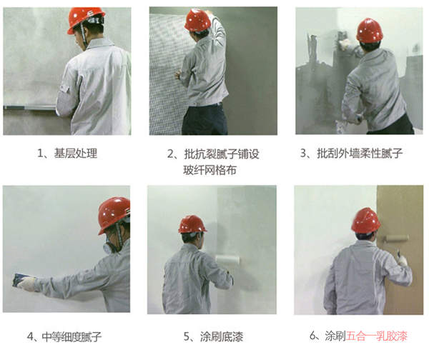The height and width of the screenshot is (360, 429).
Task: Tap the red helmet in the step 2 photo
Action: [x=197, y=20]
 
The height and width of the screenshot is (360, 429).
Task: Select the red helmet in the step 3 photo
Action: [x=370, y=30]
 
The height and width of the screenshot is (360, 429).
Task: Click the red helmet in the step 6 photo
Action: [x=365, y=220]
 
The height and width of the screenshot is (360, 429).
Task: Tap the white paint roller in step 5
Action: [x=227, y=260]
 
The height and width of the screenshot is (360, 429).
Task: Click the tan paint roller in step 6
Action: [x=396, y=239]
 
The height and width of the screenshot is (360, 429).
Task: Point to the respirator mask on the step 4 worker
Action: [x=107, y=248]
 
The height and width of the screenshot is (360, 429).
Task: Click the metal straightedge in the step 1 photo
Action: [x=29, y=107]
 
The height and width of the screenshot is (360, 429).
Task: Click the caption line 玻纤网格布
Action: [x=209, y=170]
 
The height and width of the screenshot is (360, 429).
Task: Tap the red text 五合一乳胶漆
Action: [x=377, y=336]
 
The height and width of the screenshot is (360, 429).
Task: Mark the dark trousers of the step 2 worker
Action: [x=205, y=119]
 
